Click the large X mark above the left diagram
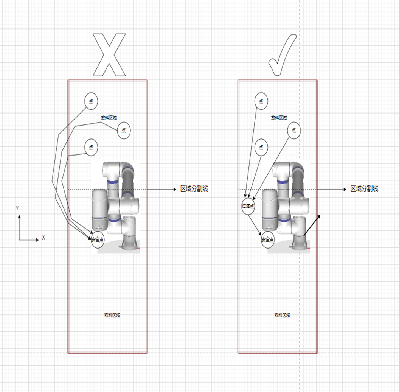(109, 55)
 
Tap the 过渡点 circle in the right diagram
(248, 206)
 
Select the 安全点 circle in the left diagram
(98, 240)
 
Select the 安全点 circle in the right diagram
(267, 240)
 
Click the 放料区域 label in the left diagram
(109, 118)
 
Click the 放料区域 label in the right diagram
(279, 118)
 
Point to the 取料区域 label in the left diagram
(112, 315)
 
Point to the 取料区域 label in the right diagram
(282, 315)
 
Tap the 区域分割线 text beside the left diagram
(194, 189)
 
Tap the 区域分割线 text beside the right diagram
(364, 189)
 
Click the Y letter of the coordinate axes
(17, 208)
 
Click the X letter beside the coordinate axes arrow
(43, 238)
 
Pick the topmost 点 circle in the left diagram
(91, 101)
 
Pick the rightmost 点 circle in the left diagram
(124, 131)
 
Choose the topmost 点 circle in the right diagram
(261, 101)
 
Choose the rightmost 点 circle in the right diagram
(294, 131)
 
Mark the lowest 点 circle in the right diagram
(261, 147)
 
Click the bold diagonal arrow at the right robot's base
(312, 226)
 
